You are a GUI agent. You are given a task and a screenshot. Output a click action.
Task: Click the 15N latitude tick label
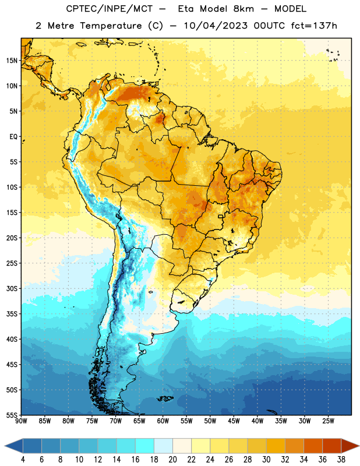[x=12, y=61]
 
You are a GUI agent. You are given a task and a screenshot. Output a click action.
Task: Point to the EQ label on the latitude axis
[x=13, y=137]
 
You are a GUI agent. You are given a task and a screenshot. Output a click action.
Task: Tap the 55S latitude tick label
[x=12, y=415]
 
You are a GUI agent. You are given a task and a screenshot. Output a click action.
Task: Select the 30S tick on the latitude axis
[x=12, y=288]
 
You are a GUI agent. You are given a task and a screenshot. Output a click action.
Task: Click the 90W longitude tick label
[x=21, y=421]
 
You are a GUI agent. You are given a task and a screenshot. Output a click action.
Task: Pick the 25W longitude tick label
[x=328, y=421]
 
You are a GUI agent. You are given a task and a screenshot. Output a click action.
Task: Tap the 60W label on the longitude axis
[x=163, y=421]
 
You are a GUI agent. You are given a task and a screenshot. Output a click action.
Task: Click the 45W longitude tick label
[x=234, y=421]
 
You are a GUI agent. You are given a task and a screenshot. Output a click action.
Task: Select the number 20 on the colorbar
[x=172, y=460]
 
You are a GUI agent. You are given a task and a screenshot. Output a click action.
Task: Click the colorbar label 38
[x=341, y=460]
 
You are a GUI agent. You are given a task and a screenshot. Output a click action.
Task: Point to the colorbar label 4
[x=23, y=460]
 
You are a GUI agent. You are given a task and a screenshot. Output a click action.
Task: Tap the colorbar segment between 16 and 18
[x=144, y=446]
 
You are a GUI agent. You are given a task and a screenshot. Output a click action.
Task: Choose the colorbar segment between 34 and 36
[x=313, y=446]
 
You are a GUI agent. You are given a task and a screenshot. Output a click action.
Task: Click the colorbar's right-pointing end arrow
[x=350, y=446]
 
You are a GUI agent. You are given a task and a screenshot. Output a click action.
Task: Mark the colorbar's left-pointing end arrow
[x=14, y=446]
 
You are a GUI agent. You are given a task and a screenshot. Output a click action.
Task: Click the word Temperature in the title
[x=111, y=26]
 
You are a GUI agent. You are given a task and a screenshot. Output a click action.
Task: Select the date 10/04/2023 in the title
[x=215, y=26]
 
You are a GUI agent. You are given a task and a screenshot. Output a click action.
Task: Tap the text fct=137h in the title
[x=314, y=26]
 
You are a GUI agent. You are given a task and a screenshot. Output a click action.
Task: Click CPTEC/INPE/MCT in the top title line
[x=109, y=9]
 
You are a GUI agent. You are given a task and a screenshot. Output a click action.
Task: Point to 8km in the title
[x=243, y=9]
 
